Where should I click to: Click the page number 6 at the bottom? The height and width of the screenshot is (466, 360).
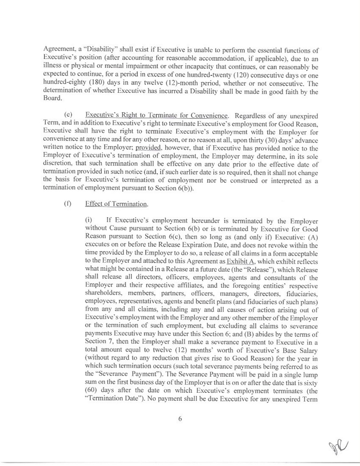pos(180,418)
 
